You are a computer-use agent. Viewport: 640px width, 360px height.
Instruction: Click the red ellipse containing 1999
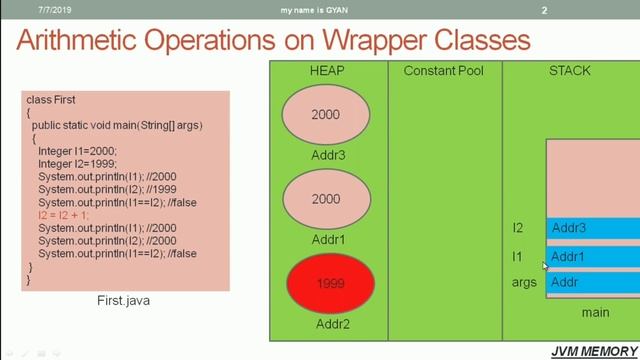click(x=329, y=284)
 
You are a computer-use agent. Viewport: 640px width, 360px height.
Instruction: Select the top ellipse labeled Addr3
click(x=326, y=114)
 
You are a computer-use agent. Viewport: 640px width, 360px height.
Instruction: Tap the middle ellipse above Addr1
click(x=326, y=199)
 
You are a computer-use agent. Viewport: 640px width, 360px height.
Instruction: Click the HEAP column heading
click(x=327, y=71)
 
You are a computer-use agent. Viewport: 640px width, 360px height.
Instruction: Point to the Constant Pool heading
click(x=444, y=71)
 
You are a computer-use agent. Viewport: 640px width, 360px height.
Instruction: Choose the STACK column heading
click(x=570, y=71)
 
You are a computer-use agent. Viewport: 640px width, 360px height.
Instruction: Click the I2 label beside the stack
click(x=518, y=228)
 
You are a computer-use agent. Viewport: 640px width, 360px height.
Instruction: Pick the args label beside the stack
click(x=523, y=282)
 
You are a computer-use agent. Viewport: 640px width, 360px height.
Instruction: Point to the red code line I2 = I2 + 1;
click(x=63, y=215)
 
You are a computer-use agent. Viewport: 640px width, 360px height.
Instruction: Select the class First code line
click(x=51, y=100)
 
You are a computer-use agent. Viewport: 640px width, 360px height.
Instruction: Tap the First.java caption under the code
click(x=125, y=300)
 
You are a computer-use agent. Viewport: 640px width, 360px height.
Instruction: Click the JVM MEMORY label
click(x=594, y=350)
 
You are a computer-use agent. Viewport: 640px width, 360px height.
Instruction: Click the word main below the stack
click(x=595, y=312)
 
